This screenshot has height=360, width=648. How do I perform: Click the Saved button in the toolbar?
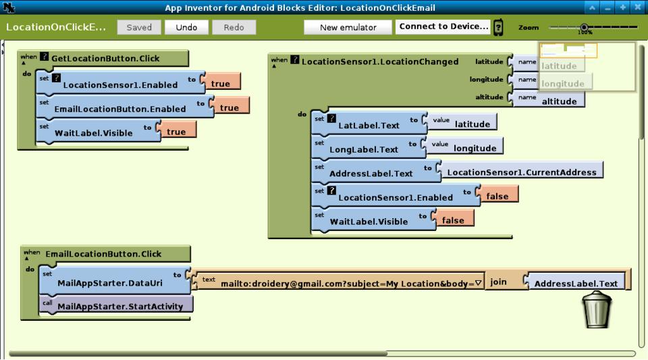[139, 28]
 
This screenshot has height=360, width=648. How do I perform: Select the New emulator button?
[347, 28]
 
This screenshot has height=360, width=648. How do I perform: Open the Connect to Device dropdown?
[443, 27]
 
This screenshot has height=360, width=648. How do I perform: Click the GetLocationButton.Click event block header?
[104, 59]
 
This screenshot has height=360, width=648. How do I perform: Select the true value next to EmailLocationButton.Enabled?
[229, 107]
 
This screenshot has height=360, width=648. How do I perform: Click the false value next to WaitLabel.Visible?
[456, 220]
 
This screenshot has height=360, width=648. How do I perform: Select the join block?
[498, 281]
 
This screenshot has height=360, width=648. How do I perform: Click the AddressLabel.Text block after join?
[575, 283]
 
